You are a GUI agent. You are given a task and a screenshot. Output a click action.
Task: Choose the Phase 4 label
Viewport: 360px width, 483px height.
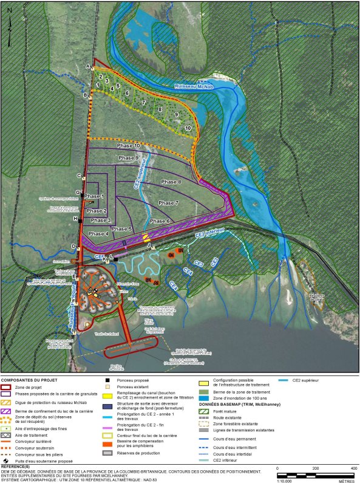(x=98, y=233)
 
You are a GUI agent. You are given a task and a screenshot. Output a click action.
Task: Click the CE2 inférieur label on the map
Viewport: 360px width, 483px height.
(x=209, y=233)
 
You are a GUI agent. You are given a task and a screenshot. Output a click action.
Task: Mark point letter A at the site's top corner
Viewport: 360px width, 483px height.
(x=87, y=65)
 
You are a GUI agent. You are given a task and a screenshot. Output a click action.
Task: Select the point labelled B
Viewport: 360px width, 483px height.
(x=85, y=95)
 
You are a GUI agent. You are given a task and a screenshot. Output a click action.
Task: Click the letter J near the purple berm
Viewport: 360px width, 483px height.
(x=148, y=245)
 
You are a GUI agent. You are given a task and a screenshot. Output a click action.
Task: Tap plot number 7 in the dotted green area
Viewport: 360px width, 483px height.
(x=143, y=103)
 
